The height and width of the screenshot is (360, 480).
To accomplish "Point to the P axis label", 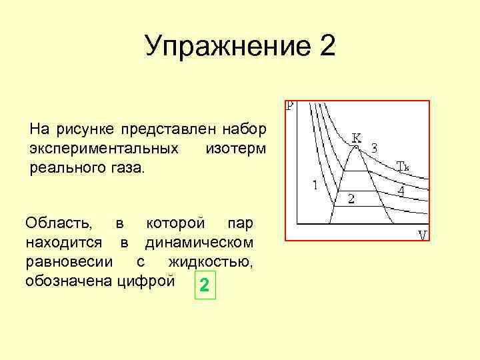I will click(x=289, y=106).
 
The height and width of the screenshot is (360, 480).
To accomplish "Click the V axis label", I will click(x=422, y=235).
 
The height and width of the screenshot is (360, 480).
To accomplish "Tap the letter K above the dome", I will click(x=357, y=137).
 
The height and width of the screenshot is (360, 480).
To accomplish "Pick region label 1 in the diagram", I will click(x=315, y=185).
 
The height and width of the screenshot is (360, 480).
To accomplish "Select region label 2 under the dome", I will click(x=351, y=198).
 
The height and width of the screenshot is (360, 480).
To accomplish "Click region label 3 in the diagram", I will click(x=374, y=147).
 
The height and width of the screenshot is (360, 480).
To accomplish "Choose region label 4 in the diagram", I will click(x=400, y=191).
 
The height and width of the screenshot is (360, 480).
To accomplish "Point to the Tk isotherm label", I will click(x=403, y=165).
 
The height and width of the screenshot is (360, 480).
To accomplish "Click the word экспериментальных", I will click(x=104, y=146).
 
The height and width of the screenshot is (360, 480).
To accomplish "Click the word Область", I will click(x=59, y=221).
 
